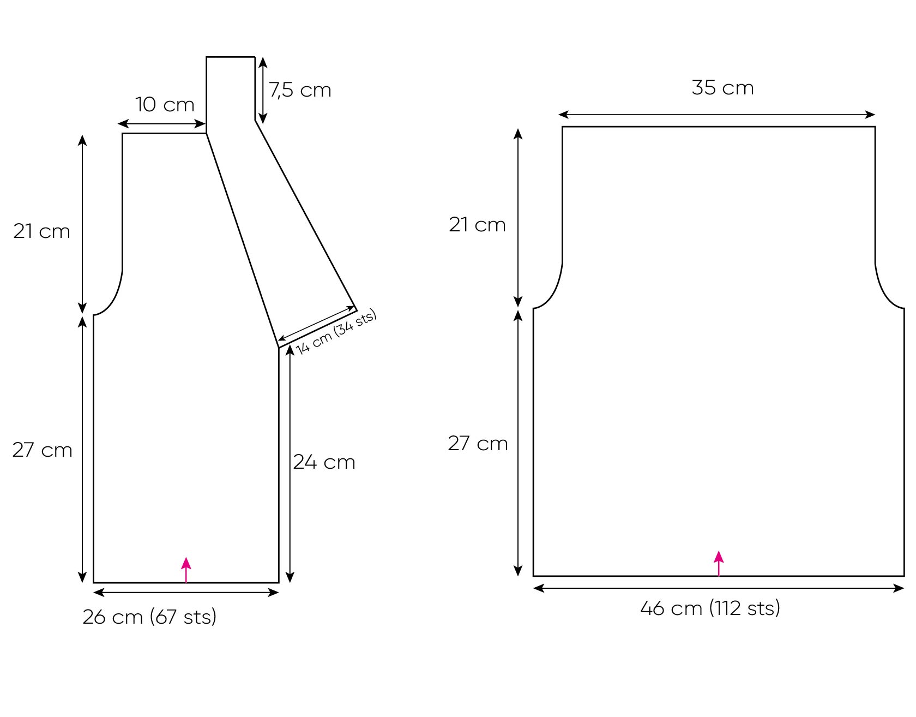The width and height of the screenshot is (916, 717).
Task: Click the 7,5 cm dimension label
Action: (300, 90)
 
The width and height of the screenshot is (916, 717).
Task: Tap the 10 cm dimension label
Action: (165, 104)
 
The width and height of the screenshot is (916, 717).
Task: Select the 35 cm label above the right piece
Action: (723, 88)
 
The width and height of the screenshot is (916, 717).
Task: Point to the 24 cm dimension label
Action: (324, 462)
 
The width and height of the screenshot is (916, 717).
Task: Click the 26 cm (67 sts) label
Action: (150, 617)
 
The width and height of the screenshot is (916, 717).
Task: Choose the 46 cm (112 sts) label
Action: (710, 608)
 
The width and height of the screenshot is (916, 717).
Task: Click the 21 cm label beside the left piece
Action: (42, 231)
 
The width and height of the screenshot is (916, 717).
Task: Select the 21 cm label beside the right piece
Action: (478, 225)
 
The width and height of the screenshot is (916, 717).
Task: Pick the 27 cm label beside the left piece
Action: (43, 450)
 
